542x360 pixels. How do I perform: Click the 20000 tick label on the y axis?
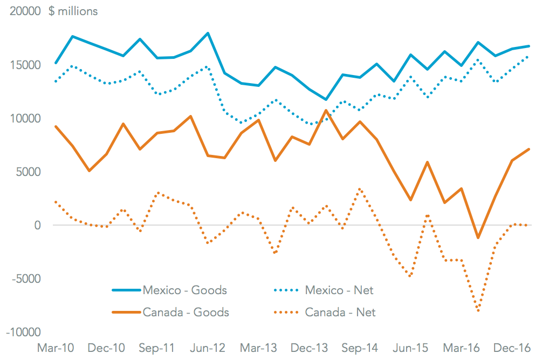click(26, 11)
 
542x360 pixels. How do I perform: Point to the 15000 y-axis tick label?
click(26, 65)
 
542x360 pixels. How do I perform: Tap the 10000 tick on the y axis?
click(26, 118)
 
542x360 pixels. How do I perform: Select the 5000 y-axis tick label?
click(29, 172)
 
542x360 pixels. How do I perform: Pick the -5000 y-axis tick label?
click(27, 279)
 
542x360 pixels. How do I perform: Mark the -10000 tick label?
click(24, 332)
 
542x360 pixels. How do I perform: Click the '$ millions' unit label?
click(73, 11)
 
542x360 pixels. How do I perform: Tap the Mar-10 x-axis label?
click(56, 348)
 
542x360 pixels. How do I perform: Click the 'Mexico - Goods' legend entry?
click(184, 290)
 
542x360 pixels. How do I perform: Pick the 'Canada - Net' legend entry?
click(340, 312)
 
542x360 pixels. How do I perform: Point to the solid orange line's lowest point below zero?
click(478, 237)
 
